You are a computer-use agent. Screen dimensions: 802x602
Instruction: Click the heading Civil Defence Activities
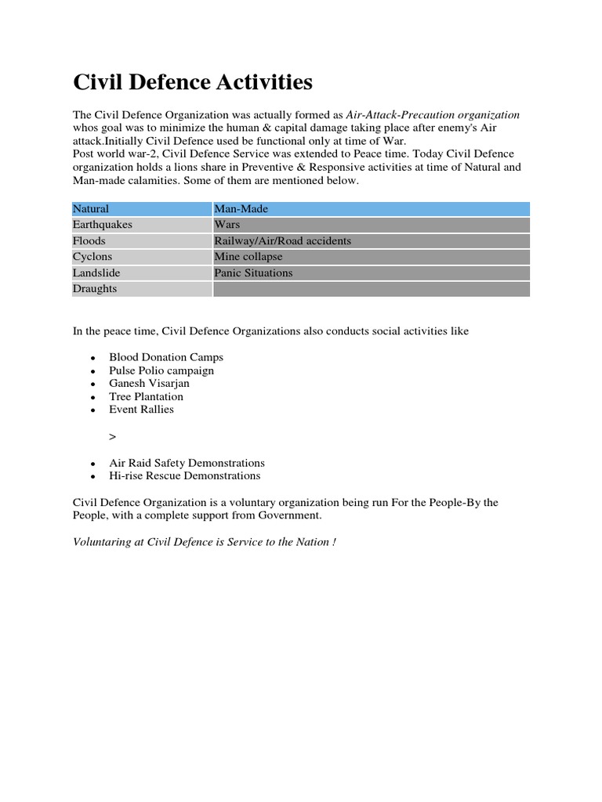coord(192,81)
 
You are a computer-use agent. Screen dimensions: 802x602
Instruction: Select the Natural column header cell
coord(142,209)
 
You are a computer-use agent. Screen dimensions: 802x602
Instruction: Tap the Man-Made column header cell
coord(371,209)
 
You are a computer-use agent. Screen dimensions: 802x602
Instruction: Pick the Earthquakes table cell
coord(142,225)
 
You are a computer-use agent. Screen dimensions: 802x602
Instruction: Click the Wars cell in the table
coord(371,225)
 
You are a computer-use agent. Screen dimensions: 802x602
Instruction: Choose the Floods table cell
coord(142,241)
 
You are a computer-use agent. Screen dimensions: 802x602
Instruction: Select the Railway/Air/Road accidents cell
coord(371,241)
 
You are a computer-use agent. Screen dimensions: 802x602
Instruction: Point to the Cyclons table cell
coord(142,257)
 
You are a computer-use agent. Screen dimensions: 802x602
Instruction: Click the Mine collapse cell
coord(371,257)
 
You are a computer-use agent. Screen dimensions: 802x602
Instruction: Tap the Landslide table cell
coord(142,273)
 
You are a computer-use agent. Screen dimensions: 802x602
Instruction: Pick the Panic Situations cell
coord(371,273)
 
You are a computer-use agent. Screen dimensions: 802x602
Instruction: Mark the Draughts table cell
coord(142,289)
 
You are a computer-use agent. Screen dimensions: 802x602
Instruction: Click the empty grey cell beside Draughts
coord(371,289)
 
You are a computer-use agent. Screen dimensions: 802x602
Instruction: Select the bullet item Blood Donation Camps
coord(165,357)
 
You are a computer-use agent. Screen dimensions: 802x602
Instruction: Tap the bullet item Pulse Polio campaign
coord(161,370)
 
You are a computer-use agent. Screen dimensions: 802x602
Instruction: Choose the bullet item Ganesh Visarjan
coord(149,384)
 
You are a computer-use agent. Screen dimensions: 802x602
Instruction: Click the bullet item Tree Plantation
coord(146,396)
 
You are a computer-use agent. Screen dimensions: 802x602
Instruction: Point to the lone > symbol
coord(112,435)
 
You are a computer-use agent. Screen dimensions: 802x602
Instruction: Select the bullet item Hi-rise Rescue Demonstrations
coord(184,475)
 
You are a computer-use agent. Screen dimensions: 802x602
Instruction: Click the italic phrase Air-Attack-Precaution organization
coord(433,115)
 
